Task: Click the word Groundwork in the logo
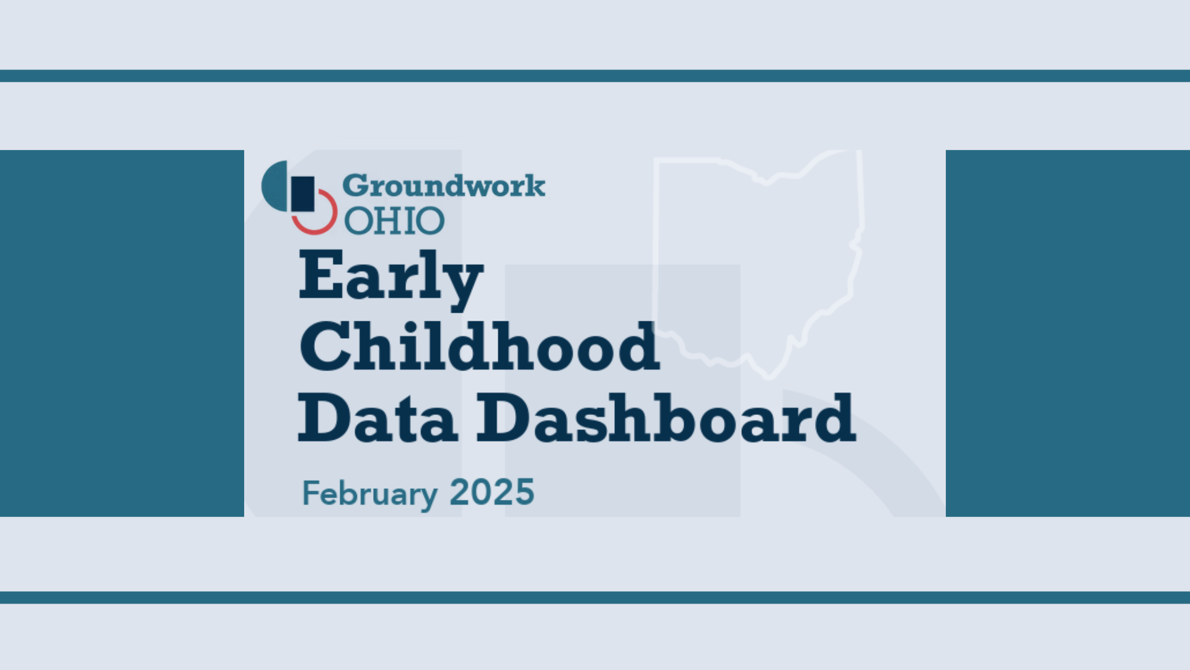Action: pos(444,185)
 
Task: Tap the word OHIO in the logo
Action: pos(394,221)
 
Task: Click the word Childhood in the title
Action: pos(479,347)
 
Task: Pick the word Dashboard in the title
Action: pos(666,419)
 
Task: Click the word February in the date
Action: pos(369,494)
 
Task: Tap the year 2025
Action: pos(491,493)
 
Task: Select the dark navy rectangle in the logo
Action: pos(303,193)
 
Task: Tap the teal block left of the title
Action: pos(121,333)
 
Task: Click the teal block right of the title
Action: pos(1067,333)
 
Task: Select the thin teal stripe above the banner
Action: pos(595,76)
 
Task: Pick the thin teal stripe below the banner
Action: pos(595,597)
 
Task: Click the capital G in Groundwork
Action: pos(356,185)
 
